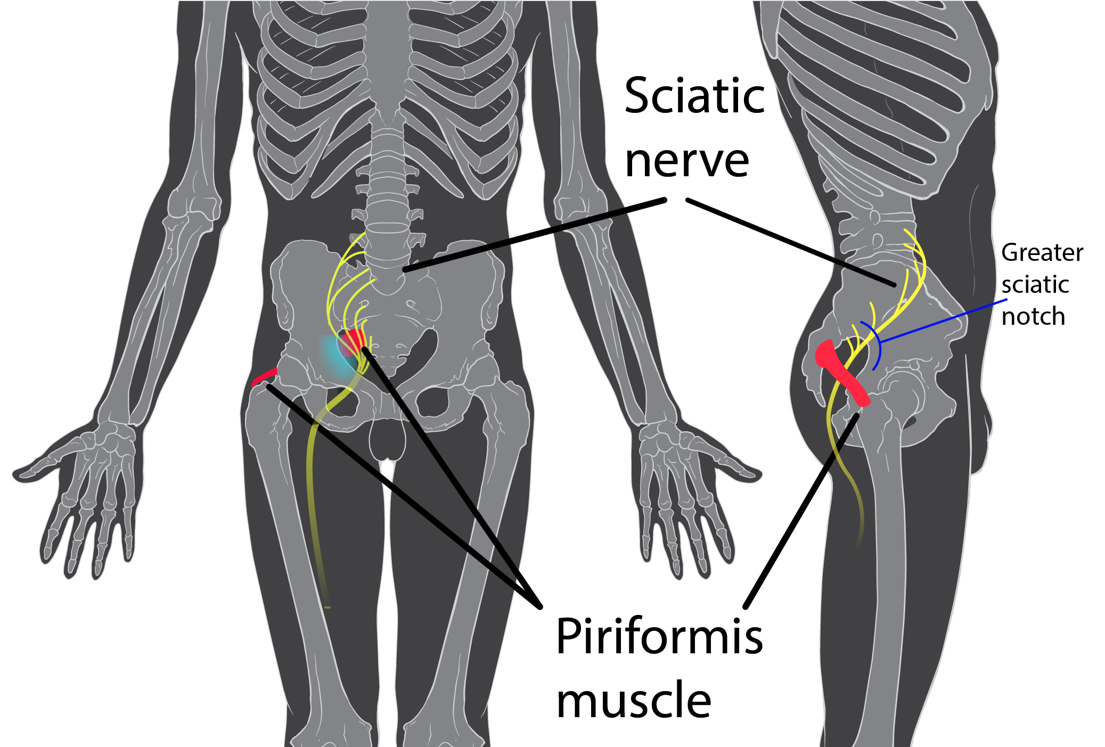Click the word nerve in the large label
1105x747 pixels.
click(x=686, y=161)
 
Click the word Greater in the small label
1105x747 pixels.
click(x=1042, y=253)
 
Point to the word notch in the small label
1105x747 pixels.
click(x=1033, y=317)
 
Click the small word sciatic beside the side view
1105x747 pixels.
click(x=1035, y=285)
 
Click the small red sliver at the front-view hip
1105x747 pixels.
click(x=264, y=375)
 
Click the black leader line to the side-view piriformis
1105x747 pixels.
click(x=801, y=511)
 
